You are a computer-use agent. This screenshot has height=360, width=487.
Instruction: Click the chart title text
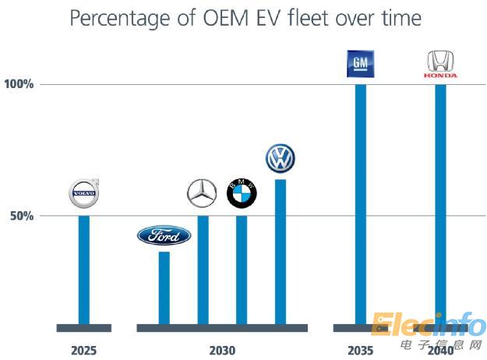243,19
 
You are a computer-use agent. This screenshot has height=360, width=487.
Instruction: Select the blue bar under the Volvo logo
83,269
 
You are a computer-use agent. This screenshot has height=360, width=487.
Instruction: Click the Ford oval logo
164,235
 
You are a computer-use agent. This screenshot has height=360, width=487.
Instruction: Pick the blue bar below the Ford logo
164,287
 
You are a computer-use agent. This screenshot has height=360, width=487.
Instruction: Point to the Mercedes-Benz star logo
203,193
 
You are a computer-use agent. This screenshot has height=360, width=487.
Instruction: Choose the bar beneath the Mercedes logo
203,269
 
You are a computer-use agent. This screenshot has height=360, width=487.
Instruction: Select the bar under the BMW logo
242,269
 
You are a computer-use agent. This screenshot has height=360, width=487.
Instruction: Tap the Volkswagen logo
280,157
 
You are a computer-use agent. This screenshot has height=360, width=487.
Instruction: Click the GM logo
361,64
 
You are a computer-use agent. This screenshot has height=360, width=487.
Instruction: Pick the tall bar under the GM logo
361,203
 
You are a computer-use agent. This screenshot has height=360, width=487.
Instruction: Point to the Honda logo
441,64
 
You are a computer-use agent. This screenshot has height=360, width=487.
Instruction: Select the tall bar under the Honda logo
441,203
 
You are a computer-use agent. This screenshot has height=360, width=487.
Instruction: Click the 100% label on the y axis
20,84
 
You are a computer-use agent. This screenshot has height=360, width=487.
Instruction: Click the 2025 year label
83,351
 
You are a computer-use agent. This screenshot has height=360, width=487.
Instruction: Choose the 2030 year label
222,351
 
